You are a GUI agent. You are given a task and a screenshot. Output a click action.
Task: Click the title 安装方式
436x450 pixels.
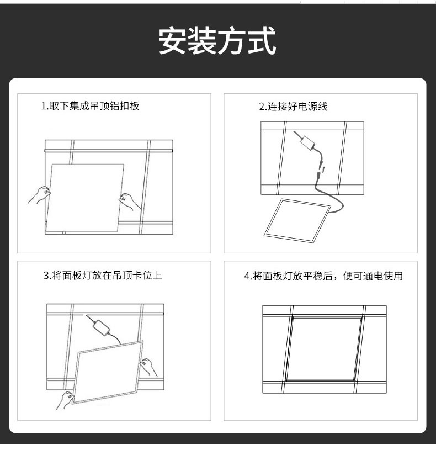click(x=217, y=40)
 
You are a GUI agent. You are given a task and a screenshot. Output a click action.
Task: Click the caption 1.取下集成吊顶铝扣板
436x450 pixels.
click(x=90, y=106)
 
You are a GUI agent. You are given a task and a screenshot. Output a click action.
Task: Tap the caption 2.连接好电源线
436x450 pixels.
click(x=293, y=107)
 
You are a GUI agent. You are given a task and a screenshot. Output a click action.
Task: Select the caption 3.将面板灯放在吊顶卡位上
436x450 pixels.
click(x=103, y=276)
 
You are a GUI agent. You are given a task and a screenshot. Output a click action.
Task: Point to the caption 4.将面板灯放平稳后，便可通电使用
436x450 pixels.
click(x=323, y=276)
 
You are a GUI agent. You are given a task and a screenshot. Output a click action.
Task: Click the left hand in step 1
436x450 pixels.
click(x=40, y=194)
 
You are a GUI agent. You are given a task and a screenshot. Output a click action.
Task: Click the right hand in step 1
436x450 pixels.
click(x=130, y=201)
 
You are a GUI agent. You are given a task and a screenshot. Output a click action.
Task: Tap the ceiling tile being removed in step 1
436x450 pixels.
click(x=85, y=198)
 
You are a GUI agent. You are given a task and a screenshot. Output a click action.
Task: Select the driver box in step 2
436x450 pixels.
click(x=307, y=142)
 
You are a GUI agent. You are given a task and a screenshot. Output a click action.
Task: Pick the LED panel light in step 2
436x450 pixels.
click(x=297, y=220)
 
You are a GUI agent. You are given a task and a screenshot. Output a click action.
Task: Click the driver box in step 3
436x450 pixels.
click(x=100, y=327)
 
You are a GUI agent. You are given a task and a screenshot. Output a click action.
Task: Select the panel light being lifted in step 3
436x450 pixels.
click(x=107, y=372)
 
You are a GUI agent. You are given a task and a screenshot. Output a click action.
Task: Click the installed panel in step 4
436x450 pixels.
click(x=324, y=349)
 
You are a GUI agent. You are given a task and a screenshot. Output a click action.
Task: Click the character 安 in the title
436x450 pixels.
click(x=172, y=40)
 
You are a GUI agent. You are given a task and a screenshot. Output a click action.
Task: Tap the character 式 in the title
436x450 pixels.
click(x=262, y=40)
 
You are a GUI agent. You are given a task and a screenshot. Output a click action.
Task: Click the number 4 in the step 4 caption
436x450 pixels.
click(x=247, y=276)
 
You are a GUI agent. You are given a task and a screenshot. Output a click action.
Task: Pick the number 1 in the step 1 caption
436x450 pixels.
click(x=43, y=106)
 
